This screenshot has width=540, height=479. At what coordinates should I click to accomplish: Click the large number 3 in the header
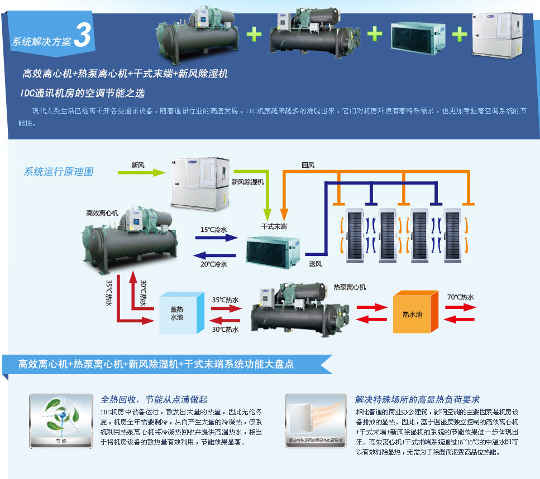coord(82,35)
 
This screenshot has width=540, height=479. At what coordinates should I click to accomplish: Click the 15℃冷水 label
coord(214,229)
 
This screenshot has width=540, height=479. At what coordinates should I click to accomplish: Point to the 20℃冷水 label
coord(214,264)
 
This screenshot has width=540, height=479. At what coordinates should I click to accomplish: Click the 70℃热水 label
coord(460,297)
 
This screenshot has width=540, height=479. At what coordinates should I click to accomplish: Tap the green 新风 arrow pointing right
coord(139,173)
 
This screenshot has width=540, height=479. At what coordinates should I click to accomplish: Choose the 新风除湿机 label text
coord(247,182)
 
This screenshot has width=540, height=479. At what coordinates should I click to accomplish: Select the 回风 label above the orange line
coord(308,165)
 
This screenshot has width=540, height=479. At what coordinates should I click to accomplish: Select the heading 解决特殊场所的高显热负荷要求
coord(417,399)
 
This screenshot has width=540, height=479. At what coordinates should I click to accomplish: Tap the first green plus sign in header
coord(254,34)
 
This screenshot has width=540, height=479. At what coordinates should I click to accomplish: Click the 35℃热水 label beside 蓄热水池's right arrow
coord(225,299)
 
